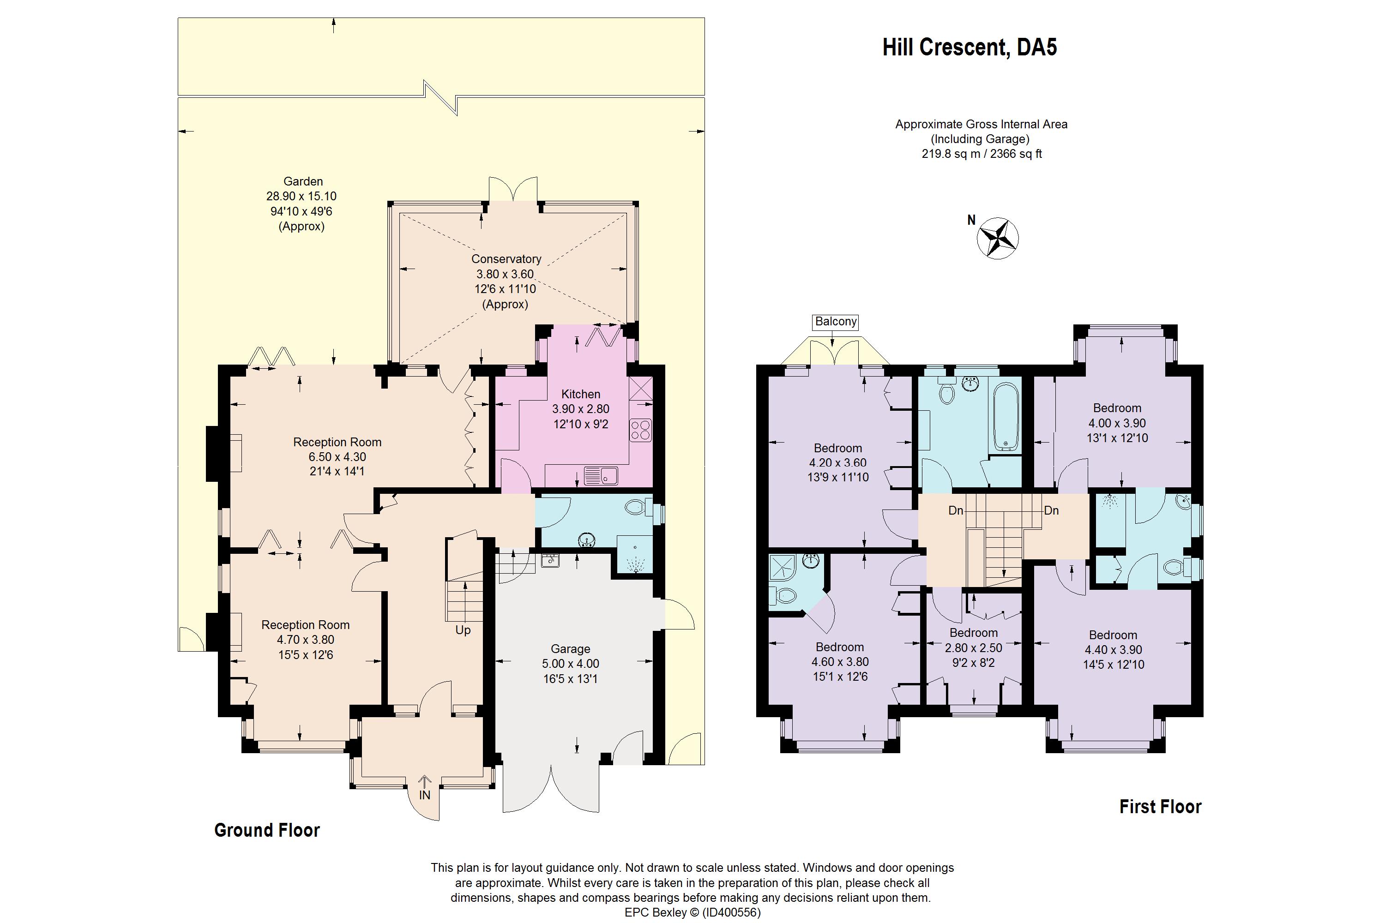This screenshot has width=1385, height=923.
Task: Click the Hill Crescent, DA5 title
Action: [x=969, y=47]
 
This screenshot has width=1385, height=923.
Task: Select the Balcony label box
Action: [x=836, y=321]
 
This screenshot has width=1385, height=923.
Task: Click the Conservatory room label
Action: [x=506, y=259]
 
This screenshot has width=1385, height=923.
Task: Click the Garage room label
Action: [x=570, y=649]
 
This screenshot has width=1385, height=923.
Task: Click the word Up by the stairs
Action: [x=463, y=630]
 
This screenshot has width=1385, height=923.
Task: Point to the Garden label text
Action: [x=303, y=182]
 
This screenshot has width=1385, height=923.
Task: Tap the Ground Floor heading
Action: [x=267, y=830]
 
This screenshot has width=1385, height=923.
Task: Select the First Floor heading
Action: [x=1160, y=806]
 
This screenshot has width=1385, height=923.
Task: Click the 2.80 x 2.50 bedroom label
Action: [x=973, y=647]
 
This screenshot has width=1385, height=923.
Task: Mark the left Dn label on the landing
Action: [x=956, y=510]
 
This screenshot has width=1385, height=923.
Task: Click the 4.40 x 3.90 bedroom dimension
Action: [x=1113, y=650]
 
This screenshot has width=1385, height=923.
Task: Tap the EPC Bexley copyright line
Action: [x=692, y=912]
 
